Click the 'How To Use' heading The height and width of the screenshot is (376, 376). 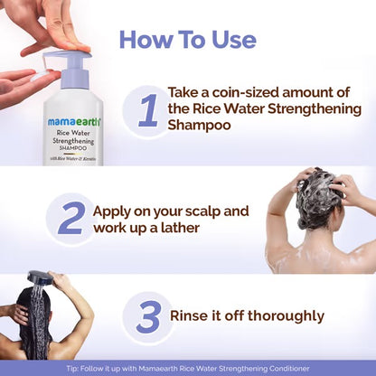(x=187, y=40)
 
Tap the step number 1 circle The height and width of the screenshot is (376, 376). (x=147, y=110)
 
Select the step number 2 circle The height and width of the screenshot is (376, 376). (x=70, y=218)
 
